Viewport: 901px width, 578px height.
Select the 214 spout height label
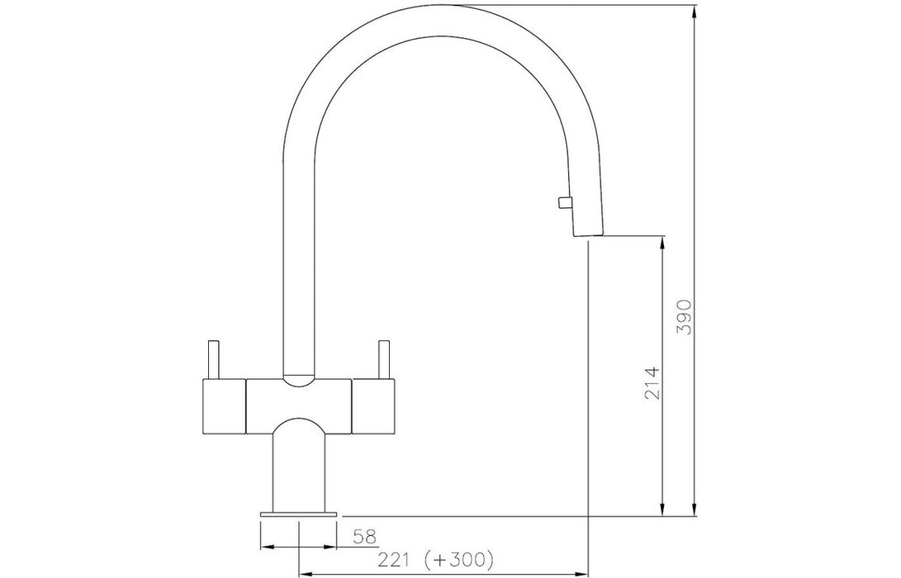point(652,383)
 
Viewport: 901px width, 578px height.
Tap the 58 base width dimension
point(363,537)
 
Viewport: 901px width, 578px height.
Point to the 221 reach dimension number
point(392,559)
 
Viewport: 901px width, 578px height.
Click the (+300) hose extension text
point(458,559)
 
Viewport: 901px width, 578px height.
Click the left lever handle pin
point(213,360)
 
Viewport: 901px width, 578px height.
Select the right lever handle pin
point(383,360)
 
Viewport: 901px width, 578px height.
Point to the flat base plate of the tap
point(299,514)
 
